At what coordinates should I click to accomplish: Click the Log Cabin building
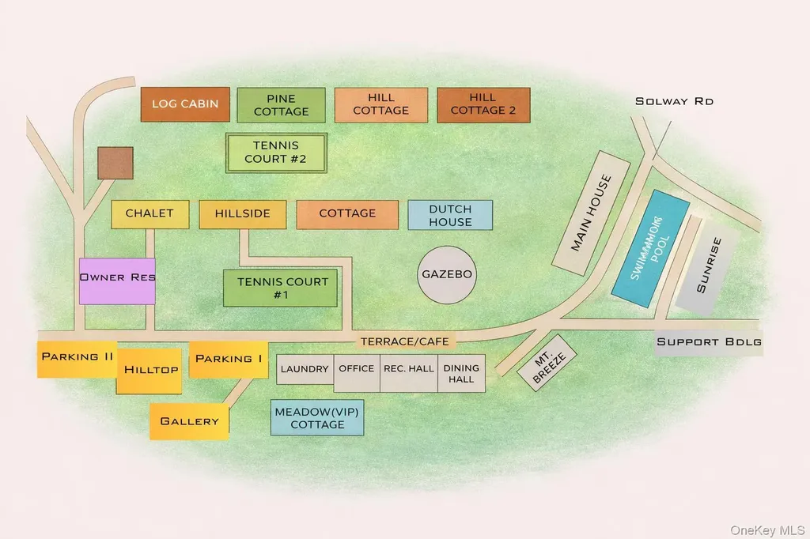coord(185,104)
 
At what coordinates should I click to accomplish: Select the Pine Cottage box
coord(281,105)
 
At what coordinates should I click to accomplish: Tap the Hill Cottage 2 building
coord(483,105)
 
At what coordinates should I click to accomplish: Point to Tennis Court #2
coord(276,153)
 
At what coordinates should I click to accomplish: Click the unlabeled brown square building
coord(115,163)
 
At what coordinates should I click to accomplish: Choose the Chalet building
coord(150,214)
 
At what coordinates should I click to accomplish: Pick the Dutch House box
coord(450,215)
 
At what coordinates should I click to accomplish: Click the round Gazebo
coord(446,275)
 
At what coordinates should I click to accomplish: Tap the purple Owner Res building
coord(117,281)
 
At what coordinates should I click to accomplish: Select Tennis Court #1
coord(280,288)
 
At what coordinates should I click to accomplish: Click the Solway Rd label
coord(674,101)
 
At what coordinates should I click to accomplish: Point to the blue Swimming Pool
coord(650,249)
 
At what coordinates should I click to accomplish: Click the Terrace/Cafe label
coord(404,341)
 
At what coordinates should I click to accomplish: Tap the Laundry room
coord(305,369)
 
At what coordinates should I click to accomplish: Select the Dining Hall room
coord(461,373)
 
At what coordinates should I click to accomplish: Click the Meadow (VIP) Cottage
coord(317,417)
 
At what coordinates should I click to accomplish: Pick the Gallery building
coord(189,422)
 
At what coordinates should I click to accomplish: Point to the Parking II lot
coord(77,359)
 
